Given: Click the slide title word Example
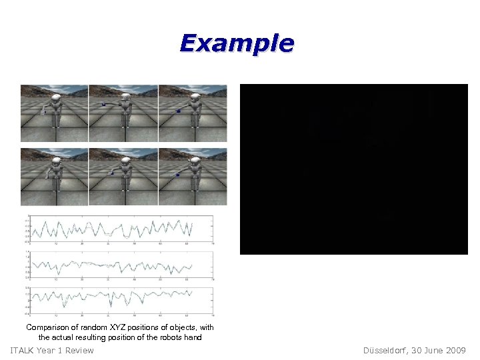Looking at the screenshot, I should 237,43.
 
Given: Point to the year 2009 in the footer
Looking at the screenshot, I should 456,351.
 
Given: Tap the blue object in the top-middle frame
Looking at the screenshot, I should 103,105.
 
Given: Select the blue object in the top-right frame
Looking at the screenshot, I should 178,111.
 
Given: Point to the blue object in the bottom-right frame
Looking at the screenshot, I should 178,175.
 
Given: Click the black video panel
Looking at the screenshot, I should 353,169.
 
